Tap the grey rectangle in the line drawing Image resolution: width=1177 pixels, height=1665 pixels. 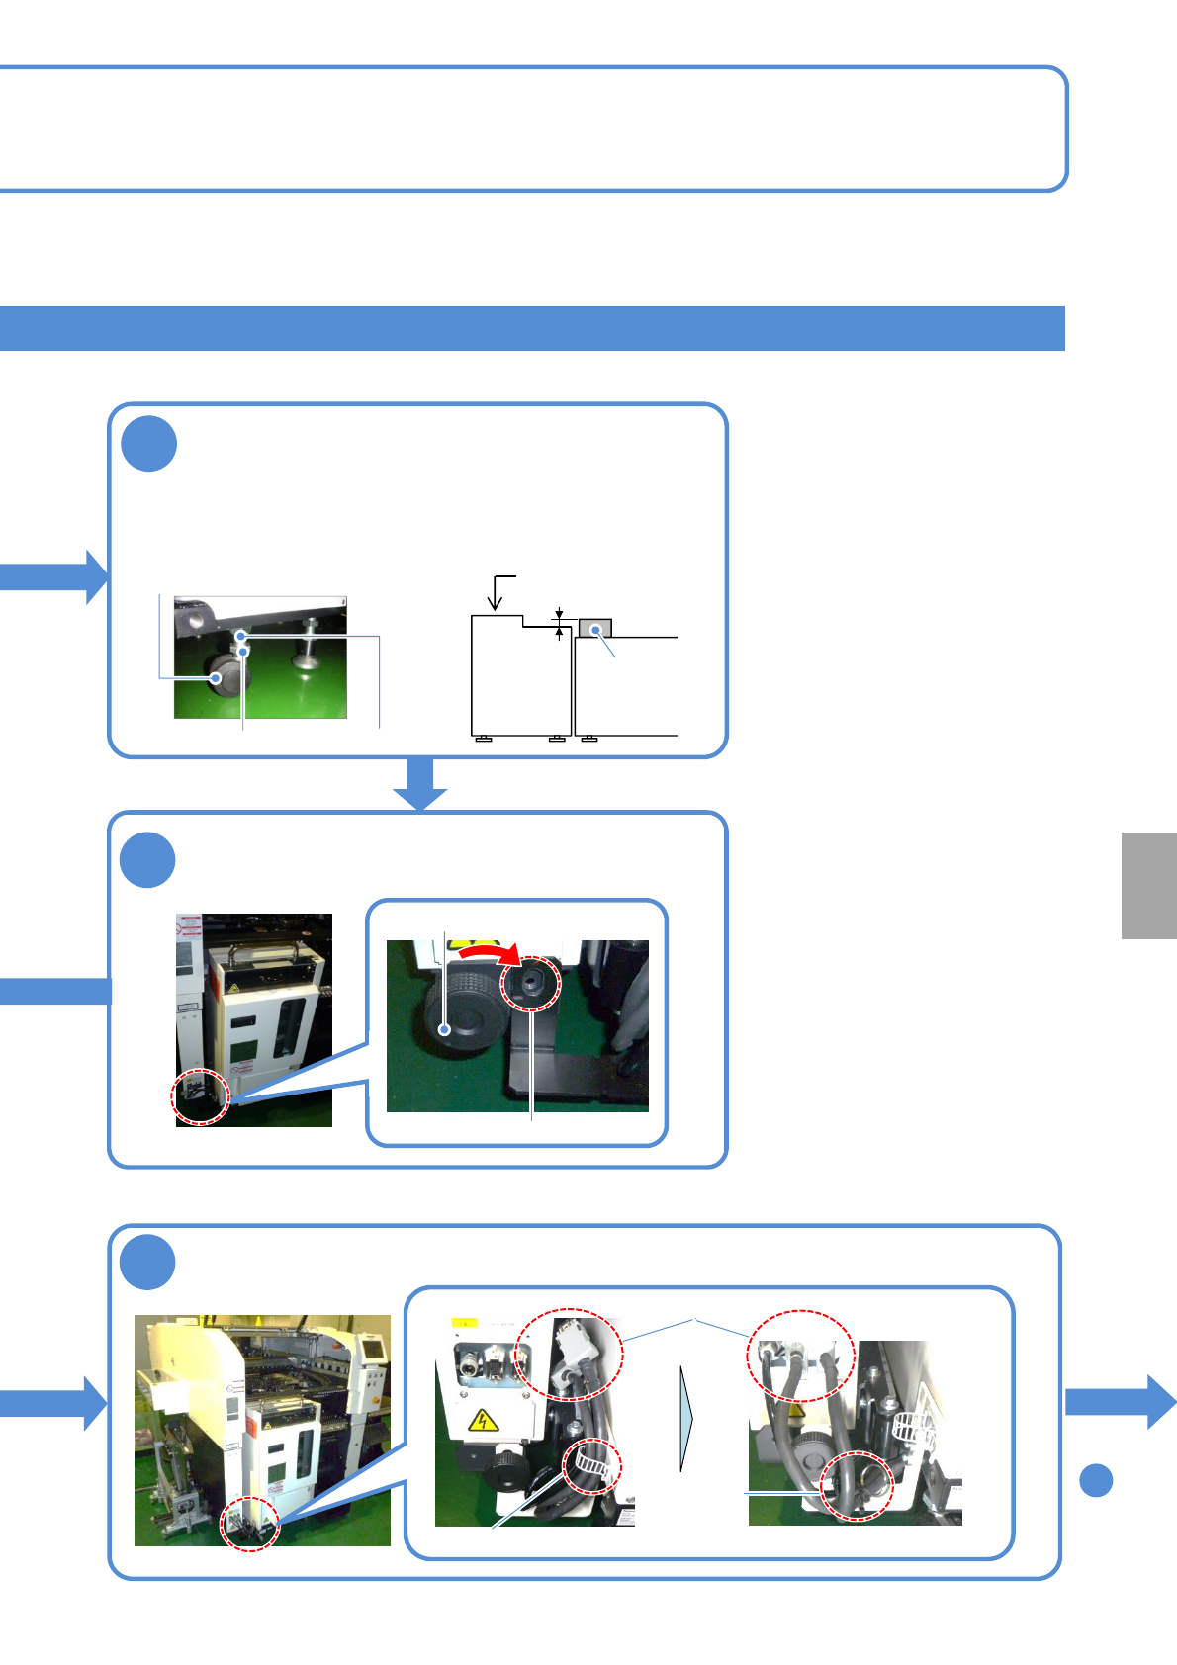[595, 629]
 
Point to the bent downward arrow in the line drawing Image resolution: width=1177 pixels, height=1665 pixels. [498, 591]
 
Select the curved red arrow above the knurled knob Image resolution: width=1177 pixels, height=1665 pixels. [491, 951]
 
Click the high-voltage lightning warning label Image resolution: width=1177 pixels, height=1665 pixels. [481, 1422]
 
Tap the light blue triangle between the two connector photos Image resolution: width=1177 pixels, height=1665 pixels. [686, 1419]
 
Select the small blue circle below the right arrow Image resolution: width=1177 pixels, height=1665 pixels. [1096, 1480]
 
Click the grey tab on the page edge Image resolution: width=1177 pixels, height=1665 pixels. [1148, 885]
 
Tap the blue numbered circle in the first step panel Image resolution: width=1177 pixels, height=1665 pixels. [148, 444]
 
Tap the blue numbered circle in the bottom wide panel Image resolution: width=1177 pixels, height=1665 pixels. [147, 1262]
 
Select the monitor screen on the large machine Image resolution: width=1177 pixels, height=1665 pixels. [373, 1347]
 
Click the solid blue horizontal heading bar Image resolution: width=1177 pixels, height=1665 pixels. [532, 328]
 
